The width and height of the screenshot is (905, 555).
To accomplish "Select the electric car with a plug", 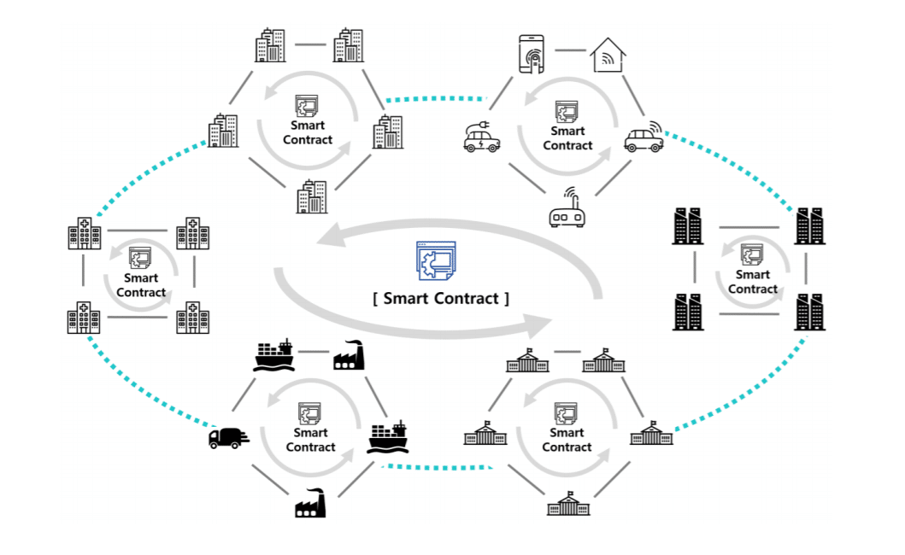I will (x=482, y=137).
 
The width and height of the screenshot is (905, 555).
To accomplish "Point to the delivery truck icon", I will (x=228, y=437).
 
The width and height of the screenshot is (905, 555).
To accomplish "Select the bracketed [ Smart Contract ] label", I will (x=441, y=299).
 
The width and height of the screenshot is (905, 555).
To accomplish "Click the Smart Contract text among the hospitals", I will (x=141, y=285).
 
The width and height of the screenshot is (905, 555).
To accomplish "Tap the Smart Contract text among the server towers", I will (x=753, y=282).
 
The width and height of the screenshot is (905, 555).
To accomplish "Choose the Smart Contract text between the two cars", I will (x=567, y=138).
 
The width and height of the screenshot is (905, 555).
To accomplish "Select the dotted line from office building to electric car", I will (x=436, y=99).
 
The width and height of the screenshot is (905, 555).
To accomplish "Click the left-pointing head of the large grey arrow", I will (x=329, y=237).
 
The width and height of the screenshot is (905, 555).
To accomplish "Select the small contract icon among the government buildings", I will (x=566, y=414).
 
